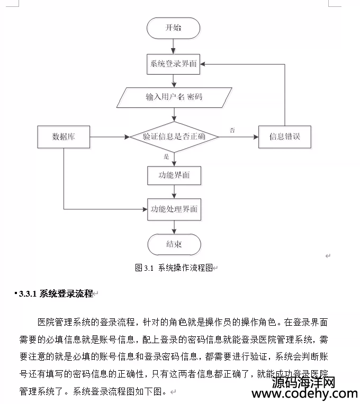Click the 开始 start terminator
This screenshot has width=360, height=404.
[x=173, y=28]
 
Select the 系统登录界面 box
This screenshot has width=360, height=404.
[x=173, y=64]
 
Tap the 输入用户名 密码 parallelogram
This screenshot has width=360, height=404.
[x=174, y=97]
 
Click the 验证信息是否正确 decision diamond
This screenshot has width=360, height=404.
[x=174, y=137]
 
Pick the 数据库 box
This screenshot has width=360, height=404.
[x=64, y=137]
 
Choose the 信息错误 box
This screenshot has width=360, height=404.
[x=285, y=137]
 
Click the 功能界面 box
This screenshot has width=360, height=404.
[x=174, y=176]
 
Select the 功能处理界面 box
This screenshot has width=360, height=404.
[x=174, y=209]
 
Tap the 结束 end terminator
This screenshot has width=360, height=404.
[x=174, y=244]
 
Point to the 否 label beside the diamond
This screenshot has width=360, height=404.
[x=232, y=131]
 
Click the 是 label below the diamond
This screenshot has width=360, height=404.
[x=166, y=157]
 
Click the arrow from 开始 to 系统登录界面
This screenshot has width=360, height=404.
[x=173, y=47]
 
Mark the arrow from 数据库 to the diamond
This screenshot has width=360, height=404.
[x=110, y=137]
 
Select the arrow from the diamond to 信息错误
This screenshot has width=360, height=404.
[x=239, y=137]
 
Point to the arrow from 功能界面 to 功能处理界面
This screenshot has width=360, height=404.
[x=174, y=192]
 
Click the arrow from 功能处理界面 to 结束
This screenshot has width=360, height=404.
[x=174, y=227]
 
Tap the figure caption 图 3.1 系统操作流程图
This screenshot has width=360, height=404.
[x=174, y=268]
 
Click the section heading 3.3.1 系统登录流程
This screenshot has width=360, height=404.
[x=56, y=293]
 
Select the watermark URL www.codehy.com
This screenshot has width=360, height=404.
[x=305, y=394]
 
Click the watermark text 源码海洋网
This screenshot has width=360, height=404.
[x=303, y=382]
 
